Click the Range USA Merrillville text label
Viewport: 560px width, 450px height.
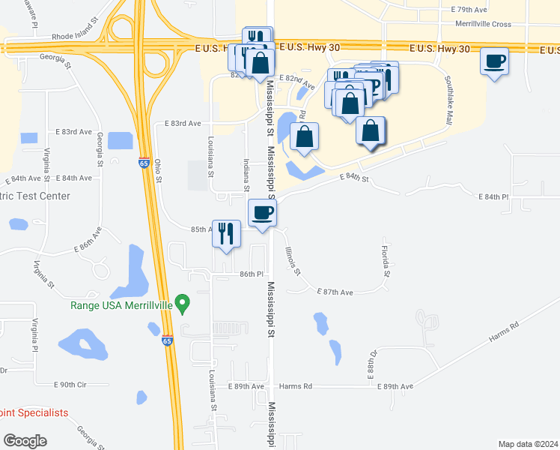[121, 304]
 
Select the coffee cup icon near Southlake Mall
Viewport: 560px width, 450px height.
[495, 61]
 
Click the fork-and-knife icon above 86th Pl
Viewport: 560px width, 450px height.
[226, 234]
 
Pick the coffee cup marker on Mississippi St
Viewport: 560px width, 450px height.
[262, 214]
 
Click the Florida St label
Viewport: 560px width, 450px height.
[385, 259]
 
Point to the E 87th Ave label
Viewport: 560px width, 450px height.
[335, 291]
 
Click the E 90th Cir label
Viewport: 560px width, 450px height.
[71, 384]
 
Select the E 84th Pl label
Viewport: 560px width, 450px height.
[494, 196]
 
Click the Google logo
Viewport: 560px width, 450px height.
[25, 441]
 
